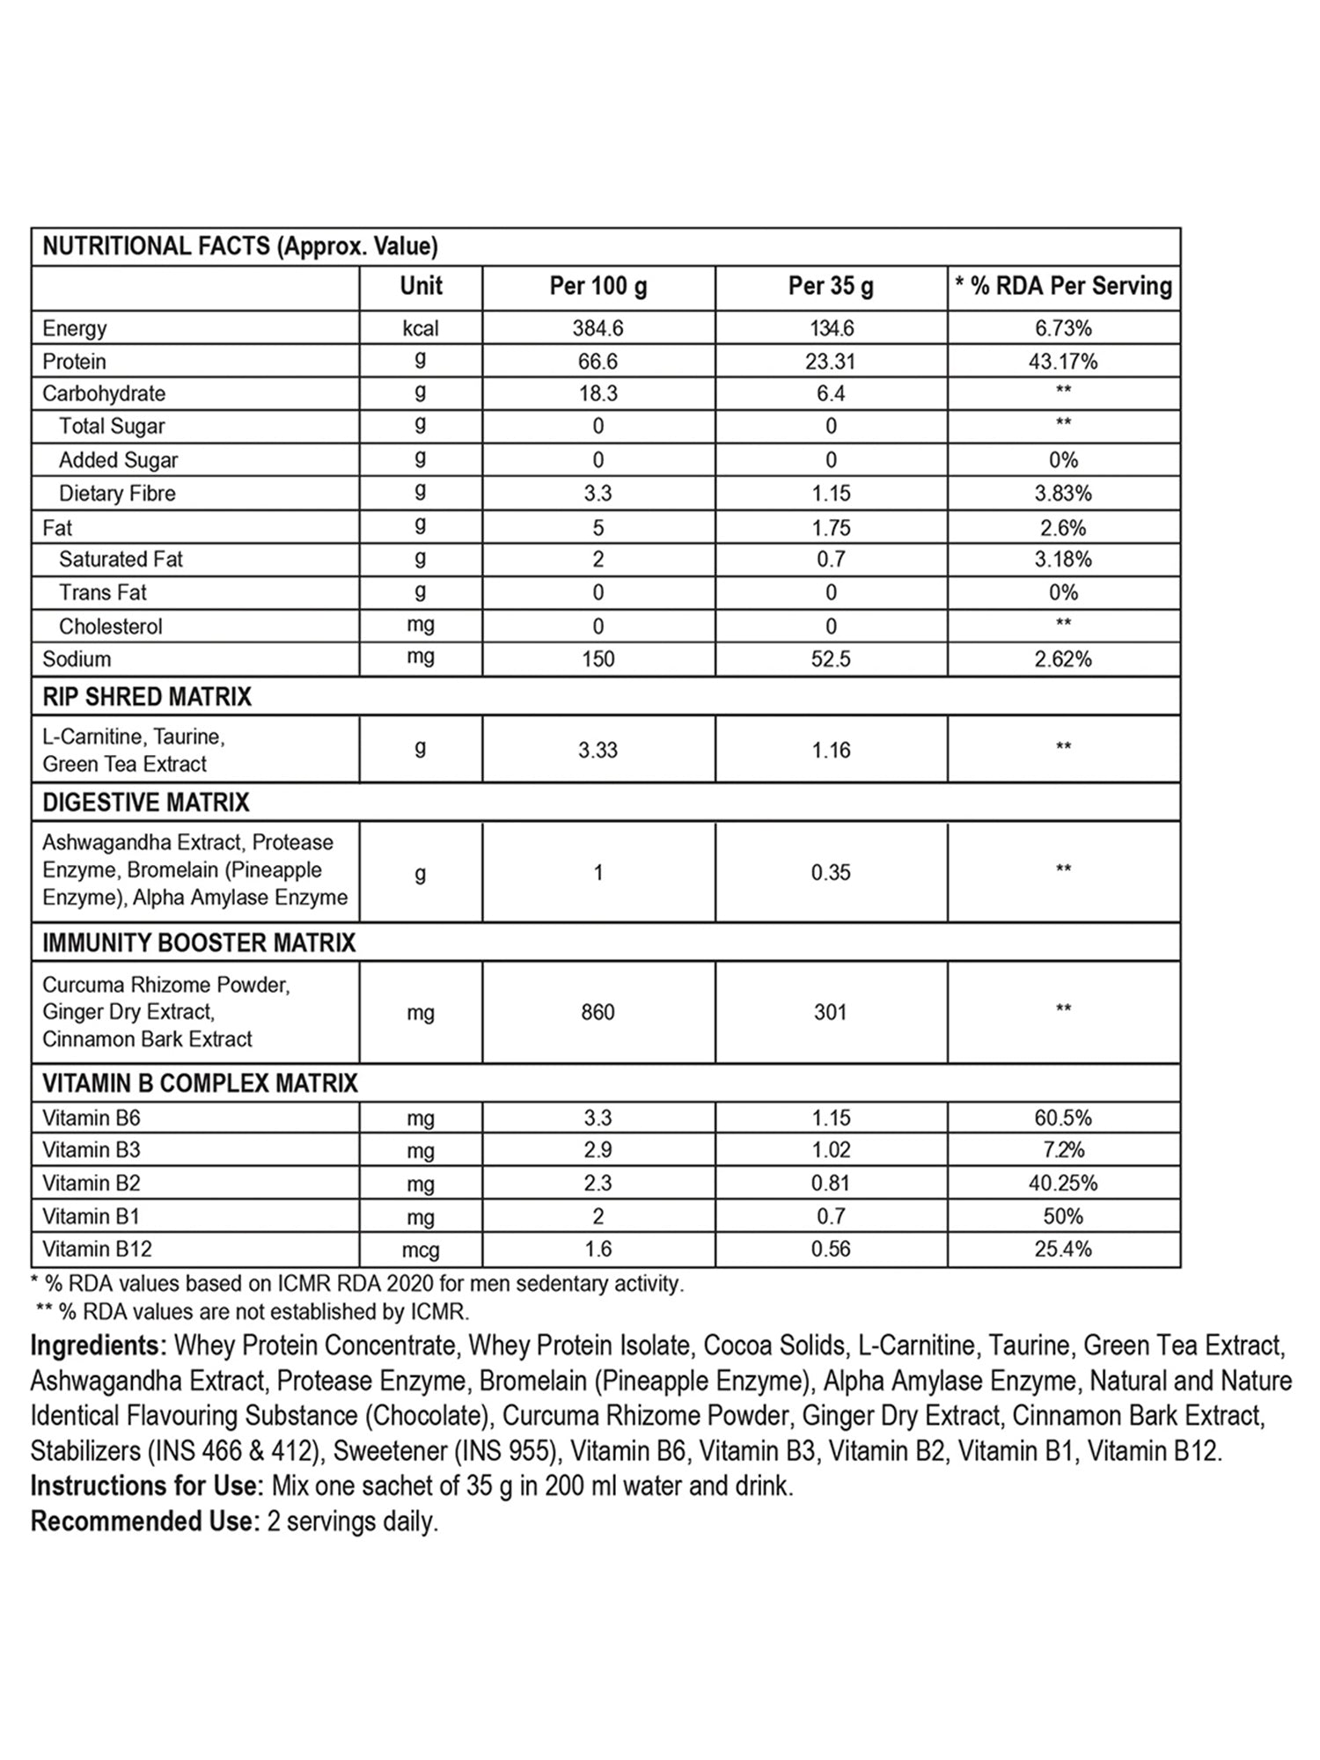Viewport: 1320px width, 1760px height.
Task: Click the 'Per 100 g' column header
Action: (x=598, y=286)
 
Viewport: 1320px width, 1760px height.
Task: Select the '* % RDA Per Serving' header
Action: (x=1063, y=286)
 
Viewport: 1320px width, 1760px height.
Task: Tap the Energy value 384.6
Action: (x=598, y=328)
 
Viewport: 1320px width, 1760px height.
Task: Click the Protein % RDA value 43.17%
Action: (x=1063, y=362)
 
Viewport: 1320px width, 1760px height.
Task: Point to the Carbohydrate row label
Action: (x=104, y=393)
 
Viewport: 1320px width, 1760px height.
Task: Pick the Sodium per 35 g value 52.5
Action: (x=831, y=659)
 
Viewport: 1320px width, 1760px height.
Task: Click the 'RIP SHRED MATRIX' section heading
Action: (x=147, y=697)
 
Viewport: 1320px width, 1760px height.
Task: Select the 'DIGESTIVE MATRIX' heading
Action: (x=146, y=803)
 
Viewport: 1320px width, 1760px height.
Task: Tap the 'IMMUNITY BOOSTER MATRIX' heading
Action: (x=199, y=943)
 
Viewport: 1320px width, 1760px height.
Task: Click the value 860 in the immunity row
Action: (x=598, y=1012)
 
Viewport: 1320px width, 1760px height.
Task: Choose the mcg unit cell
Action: (x=421, y=1250)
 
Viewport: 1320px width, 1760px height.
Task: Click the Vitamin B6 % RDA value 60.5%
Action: (x=1063, y=1118)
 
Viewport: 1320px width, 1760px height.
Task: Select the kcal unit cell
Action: (x=421, y=328)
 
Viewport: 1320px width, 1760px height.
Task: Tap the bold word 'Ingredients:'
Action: (x=99, y=1346)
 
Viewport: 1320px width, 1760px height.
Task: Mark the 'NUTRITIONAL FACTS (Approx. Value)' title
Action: (x=240, y=246)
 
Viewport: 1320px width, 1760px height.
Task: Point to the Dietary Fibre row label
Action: (x=117, y=494)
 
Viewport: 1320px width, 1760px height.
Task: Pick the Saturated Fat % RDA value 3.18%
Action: (x=1063, y=560)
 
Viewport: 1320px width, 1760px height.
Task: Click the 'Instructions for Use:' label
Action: (x=147, y=1486)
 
